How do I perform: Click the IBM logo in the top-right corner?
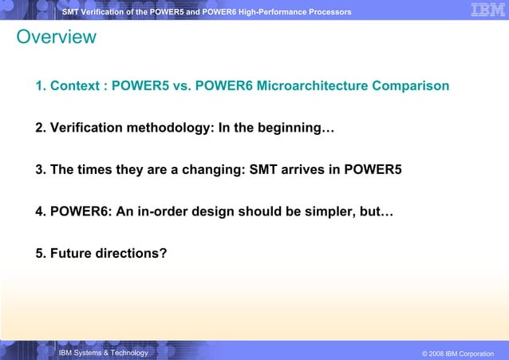[487, 10]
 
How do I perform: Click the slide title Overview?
[56, 38]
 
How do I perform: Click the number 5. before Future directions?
[41, 254]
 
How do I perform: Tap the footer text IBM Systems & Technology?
[103, 352]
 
